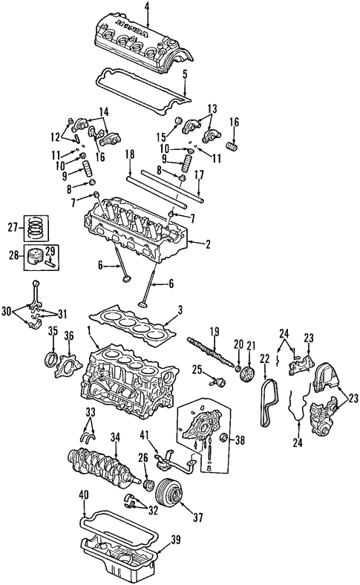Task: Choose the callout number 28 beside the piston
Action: pyautogui.click(x=13, y=256)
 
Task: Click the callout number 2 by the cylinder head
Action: pyautogui.click(x=208, y=243)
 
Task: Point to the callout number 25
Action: pyautogui.click(x=197, y=370)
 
